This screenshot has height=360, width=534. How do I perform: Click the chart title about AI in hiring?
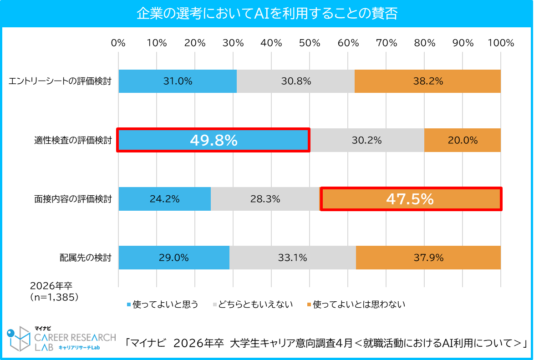click(x=267, y=13)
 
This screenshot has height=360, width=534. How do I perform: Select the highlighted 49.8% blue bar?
click(x=214, y=140)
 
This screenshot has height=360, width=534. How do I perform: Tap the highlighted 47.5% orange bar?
click(x=411, y=199)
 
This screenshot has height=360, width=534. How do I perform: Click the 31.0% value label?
click(x=178, y=81)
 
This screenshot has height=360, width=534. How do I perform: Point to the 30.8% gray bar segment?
click(x=296, y=81)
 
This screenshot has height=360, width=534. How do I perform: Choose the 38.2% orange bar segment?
click(x=427, y=81)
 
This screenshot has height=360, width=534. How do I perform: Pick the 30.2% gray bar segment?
click(x=366, y=140)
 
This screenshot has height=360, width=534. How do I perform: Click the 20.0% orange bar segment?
click(x=463, y=140)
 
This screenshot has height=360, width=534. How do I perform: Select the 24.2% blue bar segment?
click(x=164, y=199)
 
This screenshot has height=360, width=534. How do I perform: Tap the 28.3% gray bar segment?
click(x=265, y=199)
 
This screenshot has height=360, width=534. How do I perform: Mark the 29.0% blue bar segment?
click(x=174, y=258)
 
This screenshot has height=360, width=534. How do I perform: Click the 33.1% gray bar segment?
click(x=292, y=258)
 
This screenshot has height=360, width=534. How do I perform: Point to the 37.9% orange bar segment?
click(x=428, y=258)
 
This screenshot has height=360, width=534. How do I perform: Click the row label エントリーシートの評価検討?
click(x=60, y=82)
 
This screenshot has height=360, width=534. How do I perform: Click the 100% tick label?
click(x=500, y=43)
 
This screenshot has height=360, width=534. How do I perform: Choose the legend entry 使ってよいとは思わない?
click(x=359, y=304)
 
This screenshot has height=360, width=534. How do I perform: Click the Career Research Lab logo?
click(x=61, y=340)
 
